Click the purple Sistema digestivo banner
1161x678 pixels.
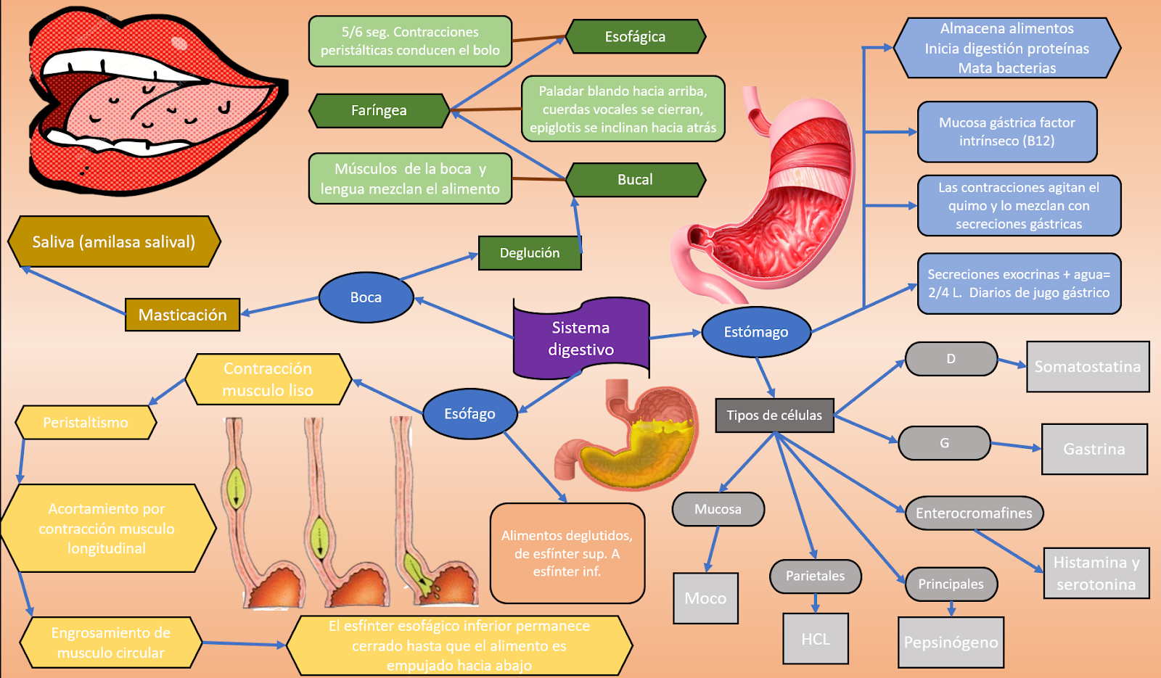(x=580, y=338)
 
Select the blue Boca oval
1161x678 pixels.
(x=366, y=297)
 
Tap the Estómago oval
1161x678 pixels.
(x=755, y=332)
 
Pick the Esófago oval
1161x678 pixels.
(x=469, y=413)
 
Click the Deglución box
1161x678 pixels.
(x=530, y=253)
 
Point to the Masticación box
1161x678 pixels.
(x=182, y=315)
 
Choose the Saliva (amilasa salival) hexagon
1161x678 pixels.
(x=114, y=241)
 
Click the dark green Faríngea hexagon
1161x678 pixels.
(x=379, y=110)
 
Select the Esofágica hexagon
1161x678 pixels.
(x=635, y=36)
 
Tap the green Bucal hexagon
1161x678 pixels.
(x=635, y=180)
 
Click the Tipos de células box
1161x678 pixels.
(x=774, y=416)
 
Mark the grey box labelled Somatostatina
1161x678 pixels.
(x=1087, y=367)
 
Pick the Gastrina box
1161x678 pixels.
(x=1094, y=450)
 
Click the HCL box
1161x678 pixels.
(x=816, y=639)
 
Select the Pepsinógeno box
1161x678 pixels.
(x=951, y=642)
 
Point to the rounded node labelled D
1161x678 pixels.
(x=951, y=359)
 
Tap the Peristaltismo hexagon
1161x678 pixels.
(x=86, y=423)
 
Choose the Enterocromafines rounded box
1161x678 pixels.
(x=974, y=513)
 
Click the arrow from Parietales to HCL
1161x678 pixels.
(x=816, y=603)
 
